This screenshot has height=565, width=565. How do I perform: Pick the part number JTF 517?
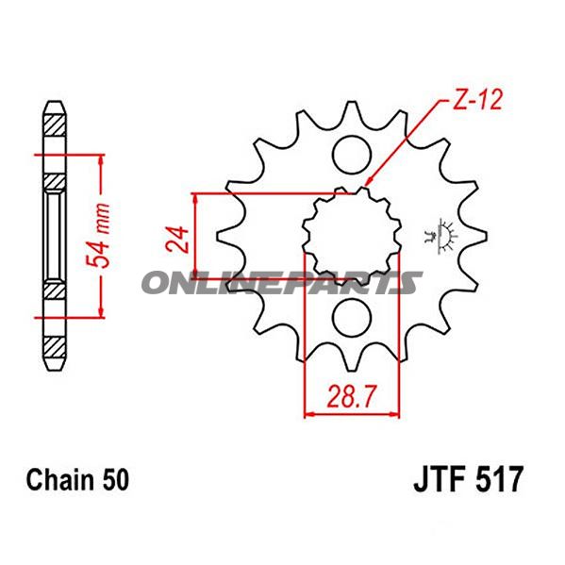coord(466,482)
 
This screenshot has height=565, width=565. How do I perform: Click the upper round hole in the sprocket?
coord(351,151)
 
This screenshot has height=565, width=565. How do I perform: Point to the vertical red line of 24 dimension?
coord(194,241)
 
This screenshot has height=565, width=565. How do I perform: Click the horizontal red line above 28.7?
coord(351,411)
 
